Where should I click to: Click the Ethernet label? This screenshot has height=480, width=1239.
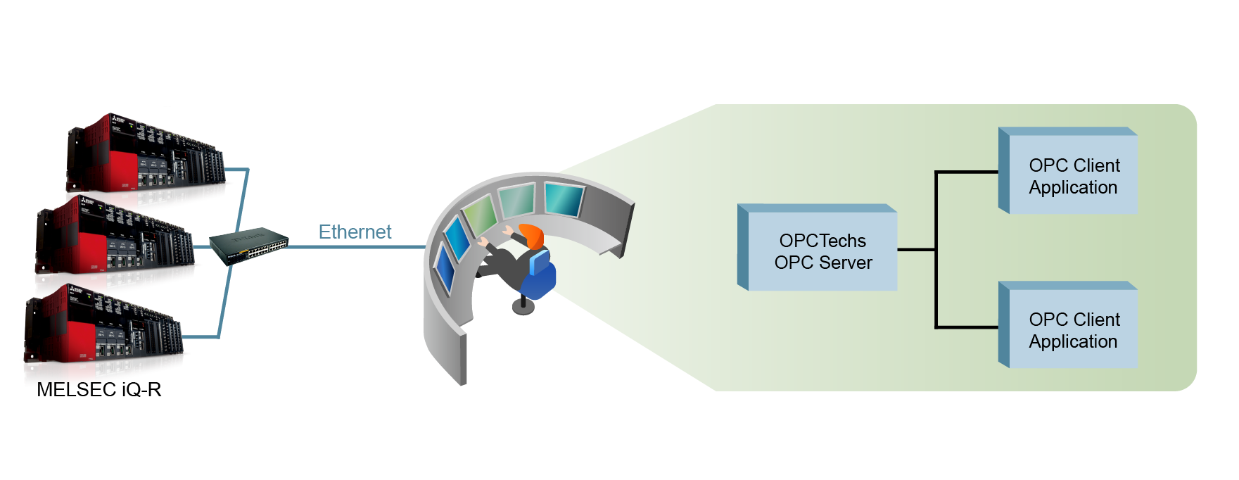355,232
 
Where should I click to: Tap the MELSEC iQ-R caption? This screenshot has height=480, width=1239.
99,389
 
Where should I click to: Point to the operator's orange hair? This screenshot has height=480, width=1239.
533,235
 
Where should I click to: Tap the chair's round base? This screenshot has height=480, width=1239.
523,307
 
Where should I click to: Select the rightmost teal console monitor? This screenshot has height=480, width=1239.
563,198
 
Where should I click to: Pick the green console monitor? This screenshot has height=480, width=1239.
480,215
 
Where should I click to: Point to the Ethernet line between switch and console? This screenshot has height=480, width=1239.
355,247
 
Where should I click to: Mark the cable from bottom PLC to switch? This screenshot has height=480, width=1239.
224,303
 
